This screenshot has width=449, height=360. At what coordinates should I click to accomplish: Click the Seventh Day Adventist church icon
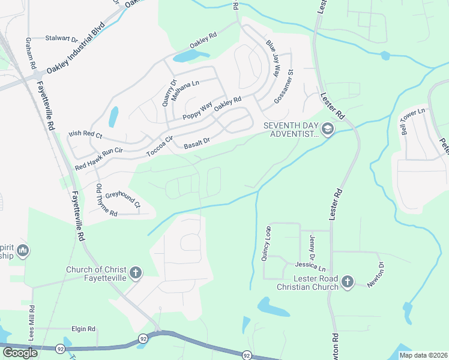tap(328, 129)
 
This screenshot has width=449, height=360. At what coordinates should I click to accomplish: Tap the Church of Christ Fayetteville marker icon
tap(136, 274)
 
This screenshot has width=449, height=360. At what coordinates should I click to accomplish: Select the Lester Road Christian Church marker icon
tap(347, 282)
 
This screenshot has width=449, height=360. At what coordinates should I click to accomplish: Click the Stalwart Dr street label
tap(62, 38)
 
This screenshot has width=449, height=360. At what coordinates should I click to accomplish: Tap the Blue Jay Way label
tap(273, 59)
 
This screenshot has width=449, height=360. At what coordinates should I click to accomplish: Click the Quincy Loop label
tap(267, 243)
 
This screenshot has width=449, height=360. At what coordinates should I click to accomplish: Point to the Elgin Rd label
tap(83, 329)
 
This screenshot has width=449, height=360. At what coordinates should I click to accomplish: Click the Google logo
tap(20, 353)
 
